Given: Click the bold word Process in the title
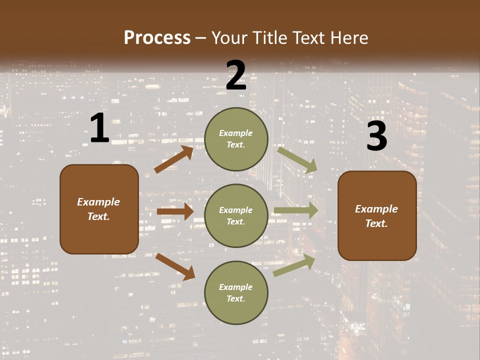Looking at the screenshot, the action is [157, 37].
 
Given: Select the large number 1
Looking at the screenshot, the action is [99, 128].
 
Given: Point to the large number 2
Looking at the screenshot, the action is [236, 75].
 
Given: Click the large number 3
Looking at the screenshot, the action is [376, 136].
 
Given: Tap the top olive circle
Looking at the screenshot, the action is [236, 139].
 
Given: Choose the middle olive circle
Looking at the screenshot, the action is [236, 215].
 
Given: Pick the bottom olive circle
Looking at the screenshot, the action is [236, 292].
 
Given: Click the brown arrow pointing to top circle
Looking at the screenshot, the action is [173, 159].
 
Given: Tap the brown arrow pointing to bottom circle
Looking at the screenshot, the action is [175, 266].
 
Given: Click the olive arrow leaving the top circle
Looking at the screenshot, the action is [297, 159].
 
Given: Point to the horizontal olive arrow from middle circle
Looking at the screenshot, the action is [296, 210].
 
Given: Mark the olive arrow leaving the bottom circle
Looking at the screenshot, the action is [294, 265].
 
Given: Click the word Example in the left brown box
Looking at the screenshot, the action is [98, 202].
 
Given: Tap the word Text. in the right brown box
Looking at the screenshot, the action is [376, 223].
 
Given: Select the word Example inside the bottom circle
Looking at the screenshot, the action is [236, 287].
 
